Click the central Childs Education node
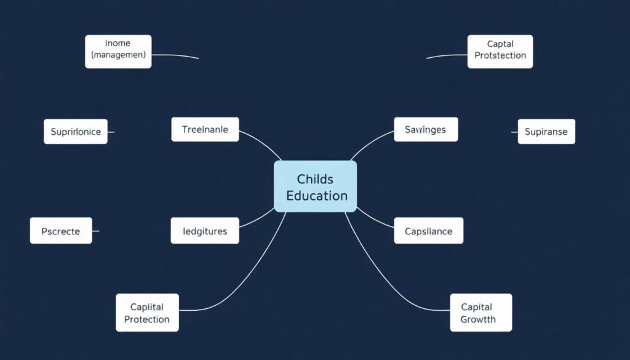[x=315, y=186]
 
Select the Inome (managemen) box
[x=118, y=51]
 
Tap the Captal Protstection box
[x=500, y=51]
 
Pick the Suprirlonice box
[x=76, y=132]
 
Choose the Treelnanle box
[x=205, y=129]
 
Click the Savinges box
[x=425, y=129]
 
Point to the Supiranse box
[x=546, y=132]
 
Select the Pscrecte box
[x=61, y=231]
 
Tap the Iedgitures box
[x=205, y=231]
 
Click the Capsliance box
[x=428, y=231]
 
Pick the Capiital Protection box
[x=147, y=313]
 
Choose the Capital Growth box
[x=481, y=313]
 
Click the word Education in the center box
[x=317, y=196]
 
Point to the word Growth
[x=478, y=319]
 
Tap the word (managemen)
[x=118, y=55]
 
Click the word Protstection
[x=500, y=55]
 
